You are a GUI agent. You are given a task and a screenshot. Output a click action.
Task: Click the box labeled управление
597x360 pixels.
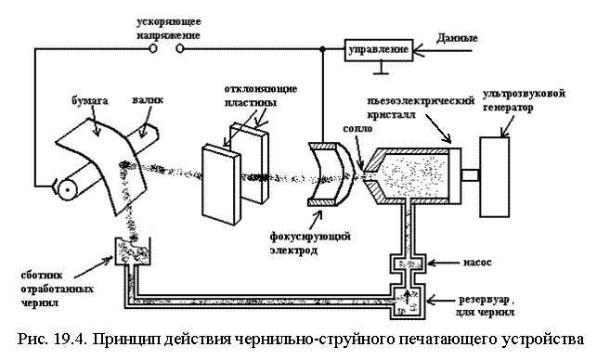tap(379, 50)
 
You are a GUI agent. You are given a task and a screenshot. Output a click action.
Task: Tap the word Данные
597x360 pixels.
tap(457, 38)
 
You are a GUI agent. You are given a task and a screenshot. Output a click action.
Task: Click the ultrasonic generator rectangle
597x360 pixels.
tap(495, 177)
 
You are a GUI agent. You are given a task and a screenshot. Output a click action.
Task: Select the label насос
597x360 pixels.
tap(477, 263)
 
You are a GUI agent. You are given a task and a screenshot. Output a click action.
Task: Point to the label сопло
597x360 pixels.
tap(357, 128)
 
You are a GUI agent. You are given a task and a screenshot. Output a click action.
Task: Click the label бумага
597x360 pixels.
tap(90, 101)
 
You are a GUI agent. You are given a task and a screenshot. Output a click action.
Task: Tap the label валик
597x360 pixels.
tap(148, 99)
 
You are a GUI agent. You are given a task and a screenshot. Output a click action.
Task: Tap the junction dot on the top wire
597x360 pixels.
tap(322, 49)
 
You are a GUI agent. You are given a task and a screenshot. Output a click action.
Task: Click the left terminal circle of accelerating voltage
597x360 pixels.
tap(152, 48)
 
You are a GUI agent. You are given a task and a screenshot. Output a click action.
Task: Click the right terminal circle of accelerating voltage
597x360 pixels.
tap(180, 48)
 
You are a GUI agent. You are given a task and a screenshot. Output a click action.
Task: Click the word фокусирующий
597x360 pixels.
tap(310, 238)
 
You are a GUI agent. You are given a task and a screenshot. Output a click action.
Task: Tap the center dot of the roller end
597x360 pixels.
tap(68, 189)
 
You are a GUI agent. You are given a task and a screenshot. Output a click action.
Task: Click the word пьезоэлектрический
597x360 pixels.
tap(421, 101)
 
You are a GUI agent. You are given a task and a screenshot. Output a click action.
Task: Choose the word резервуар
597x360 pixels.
tap(483, 301)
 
